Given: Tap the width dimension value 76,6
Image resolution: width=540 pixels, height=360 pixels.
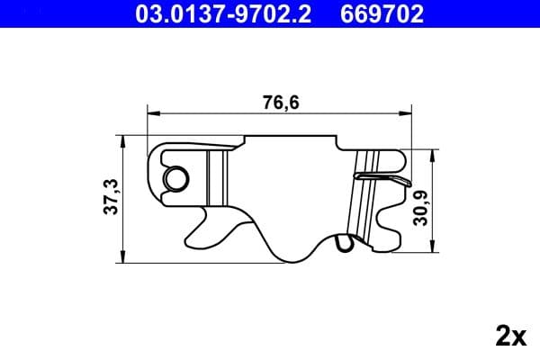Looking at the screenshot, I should click(x=280, y=103).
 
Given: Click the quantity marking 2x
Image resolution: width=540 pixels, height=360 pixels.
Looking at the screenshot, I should click(x=510, y=336).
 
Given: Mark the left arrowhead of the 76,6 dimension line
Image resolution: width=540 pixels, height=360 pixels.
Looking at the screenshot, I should click(x=152, y=113).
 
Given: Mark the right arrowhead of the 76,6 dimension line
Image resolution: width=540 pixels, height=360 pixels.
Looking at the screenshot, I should click(x=407, y=113).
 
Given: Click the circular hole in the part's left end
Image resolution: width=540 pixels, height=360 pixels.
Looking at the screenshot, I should click(x=174, y=178).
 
